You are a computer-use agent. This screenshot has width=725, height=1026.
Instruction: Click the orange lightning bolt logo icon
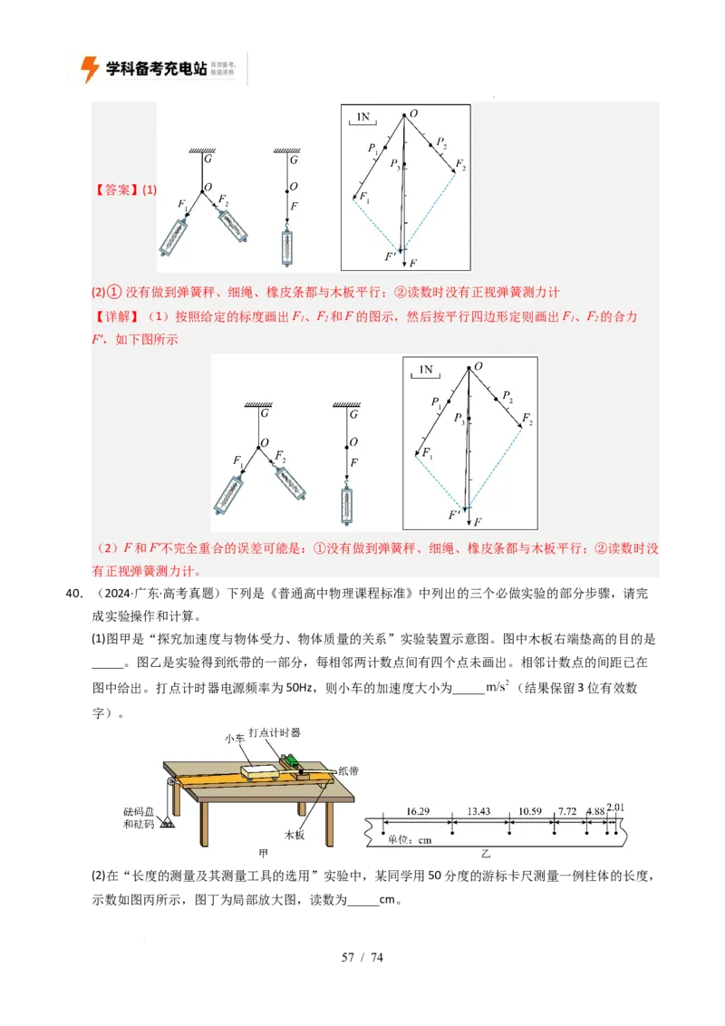click(89, 69)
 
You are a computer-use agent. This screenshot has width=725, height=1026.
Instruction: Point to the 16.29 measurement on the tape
click(418, 810)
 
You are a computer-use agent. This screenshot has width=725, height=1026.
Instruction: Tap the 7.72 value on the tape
click(568, 810)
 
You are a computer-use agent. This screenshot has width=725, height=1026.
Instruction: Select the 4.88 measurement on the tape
click(595, 810)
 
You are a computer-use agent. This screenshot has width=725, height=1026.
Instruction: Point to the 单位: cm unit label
click(410, 839)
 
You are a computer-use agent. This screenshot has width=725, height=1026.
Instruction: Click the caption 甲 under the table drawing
click(264, 854)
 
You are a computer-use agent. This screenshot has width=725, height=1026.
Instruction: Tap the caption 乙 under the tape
click(486, 854)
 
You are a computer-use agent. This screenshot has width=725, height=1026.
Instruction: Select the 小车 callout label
click(236, 739)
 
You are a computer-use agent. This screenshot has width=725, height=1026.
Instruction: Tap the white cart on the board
click(262, 770)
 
